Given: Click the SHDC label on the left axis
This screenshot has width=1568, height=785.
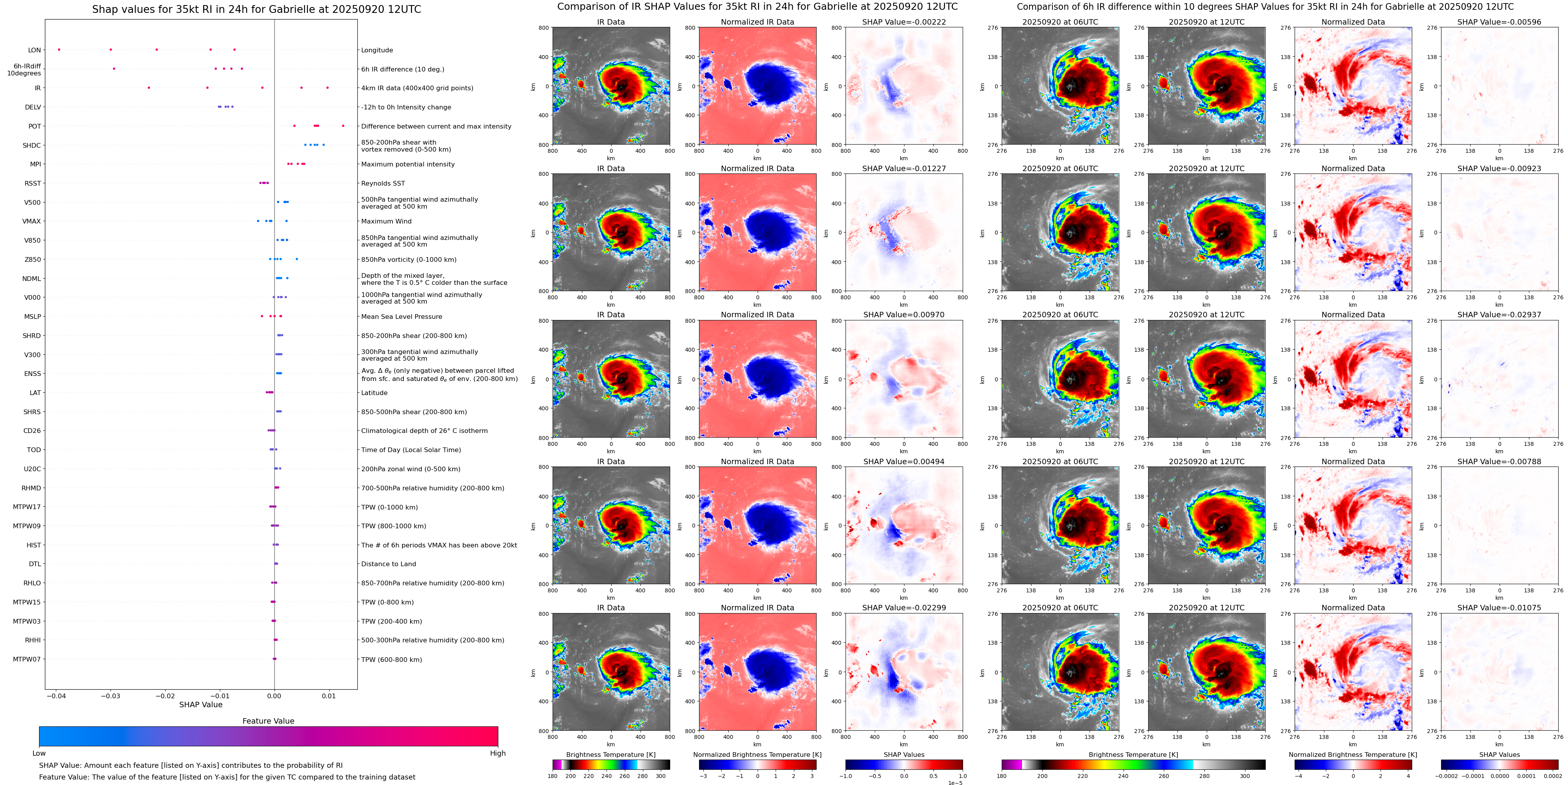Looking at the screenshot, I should point(32,145).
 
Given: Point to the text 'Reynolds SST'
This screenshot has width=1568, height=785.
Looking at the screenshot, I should point(383,183).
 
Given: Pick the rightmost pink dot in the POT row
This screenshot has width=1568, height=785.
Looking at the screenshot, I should point(343,126).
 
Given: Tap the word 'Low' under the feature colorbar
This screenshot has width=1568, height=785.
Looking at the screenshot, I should point(39,753).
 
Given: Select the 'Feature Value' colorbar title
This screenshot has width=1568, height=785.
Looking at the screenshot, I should point(268,721).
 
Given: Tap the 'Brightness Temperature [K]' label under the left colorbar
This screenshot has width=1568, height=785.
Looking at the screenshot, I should point(610,755).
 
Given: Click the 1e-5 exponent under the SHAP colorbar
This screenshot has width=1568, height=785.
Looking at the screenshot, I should point(954,783).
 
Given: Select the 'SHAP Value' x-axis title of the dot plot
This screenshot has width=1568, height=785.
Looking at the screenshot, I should point(201,705).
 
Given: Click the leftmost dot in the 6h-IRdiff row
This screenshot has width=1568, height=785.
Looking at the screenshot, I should point(114,69).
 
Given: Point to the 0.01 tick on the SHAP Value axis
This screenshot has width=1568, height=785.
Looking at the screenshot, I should point(329,696).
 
